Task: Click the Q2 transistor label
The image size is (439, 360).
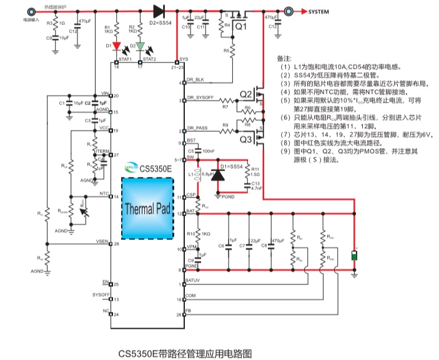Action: coord(246,95)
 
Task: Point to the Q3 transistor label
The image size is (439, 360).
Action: coord(246,139)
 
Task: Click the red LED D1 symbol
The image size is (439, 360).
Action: coord(117,46)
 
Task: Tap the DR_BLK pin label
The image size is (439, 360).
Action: coord(195,79)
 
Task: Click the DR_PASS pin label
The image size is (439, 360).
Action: coord(197,127)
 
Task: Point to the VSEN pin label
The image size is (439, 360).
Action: coord(102,241)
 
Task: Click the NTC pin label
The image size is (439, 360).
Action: coord(104,194)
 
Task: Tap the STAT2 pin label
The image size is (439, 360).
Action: coord(149,59)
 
